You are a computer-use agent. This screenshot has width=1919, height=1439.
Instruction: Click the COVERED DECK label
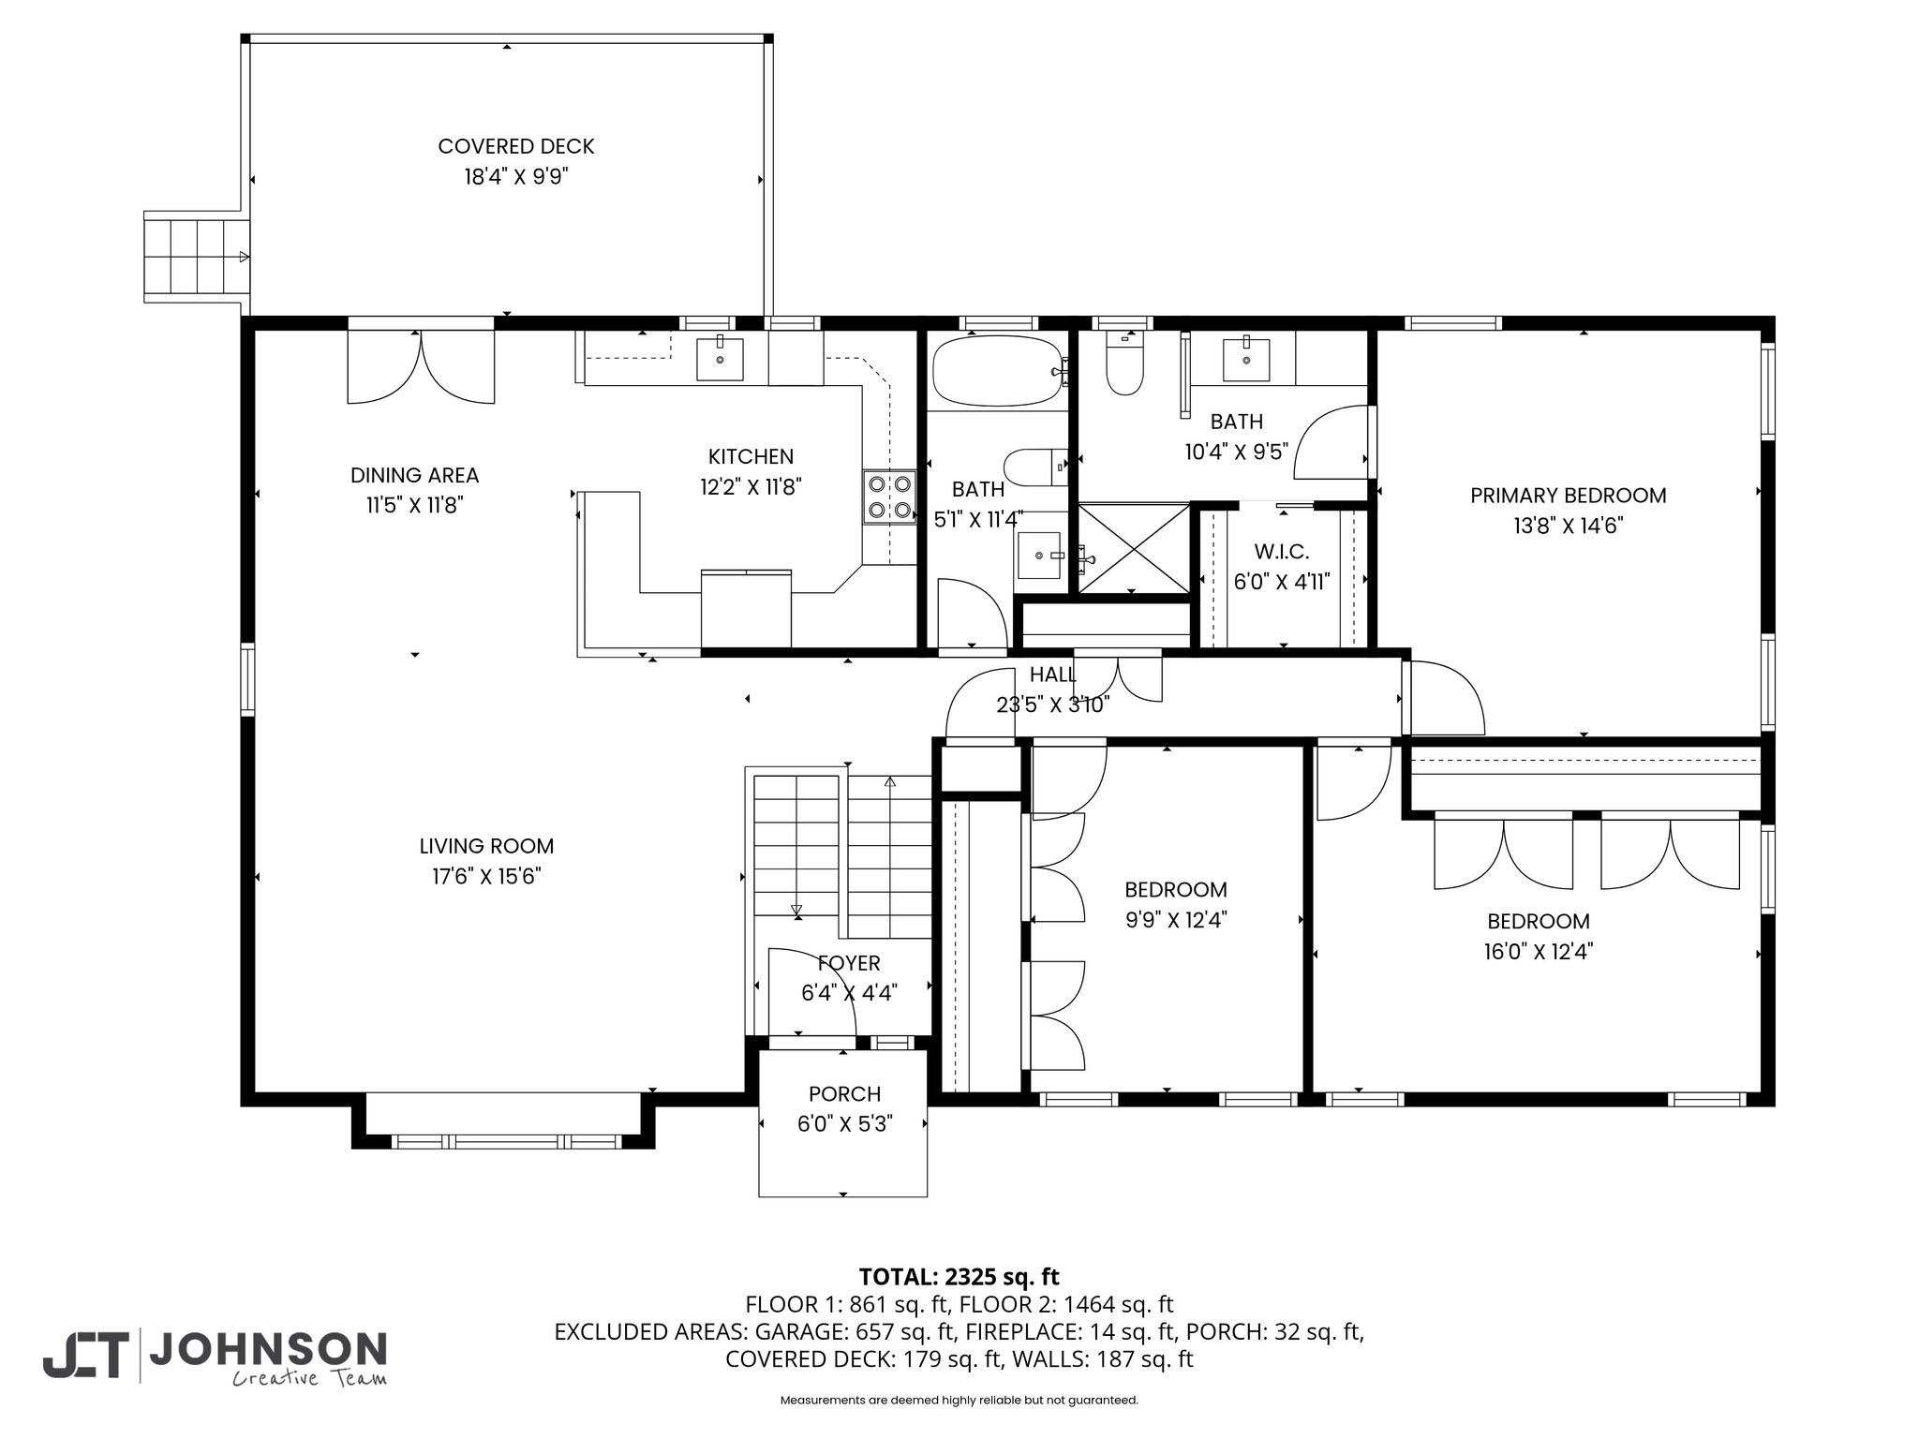[516, 146]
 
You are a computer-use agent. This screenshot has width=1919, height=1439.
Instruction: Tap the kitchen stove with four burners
[889, 497]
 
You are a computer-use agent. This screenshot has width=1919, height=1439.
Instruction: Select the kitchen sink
[720, 360]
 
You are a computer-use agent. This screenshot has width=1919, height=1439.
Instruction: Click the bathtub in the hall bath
[998, 371]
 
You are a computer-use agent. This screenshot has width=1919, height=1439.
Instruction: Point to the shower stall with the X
[1134, 548]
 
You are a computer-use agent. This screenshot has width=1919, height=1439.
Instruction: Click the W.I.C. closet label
[1282, 552]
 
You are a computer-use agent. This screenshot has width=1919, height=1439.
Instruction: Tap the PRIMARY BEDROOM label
[1569, 496]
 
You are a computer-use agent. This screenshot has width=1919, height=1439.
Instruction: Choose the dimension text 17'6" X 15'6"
[487, 877]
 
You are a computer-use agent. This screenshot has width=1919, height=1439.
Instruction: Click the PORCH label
[845, 1094]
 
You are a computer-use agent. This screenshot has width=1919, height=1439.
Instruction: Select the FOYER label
[849, 963]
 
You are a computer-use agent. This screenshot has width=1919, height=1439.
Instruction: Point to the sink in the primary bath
[1246, 357]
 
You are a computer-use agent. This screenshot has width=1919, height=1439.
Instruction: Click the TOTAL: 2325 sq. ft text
[959, 1277]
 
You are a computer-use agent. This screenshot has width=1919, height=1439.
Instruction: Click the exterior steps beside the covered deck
[198, 256]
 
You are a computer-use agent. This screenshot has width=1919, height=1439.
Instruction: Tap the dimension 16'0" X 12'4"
[1539, 952]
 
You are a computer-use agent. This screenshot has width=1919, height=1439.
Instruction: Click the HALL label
[1053, 675]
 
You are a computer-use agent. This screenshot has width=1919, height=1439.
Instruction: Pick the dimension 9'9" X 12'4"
[1176, 920]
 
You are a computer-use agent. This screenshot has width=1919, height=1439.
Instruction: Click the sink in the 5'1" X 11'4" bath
[1039, 556]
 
